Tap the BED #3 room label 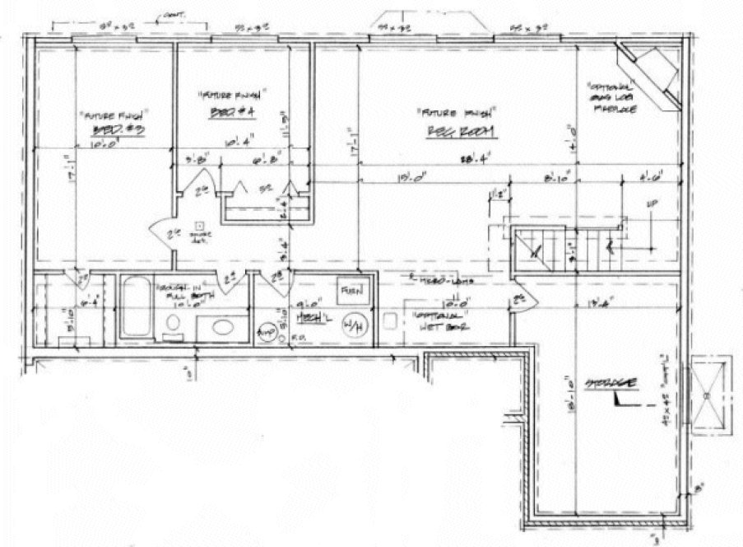tap(120, 132)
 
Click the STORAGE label tap(605, 385)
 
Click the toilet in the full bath tap(174, 331)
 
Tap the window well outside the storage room tap(712, 395)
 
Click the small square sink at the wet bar tap(390, 320)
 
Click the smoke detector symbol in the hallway tap(198, 225)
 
